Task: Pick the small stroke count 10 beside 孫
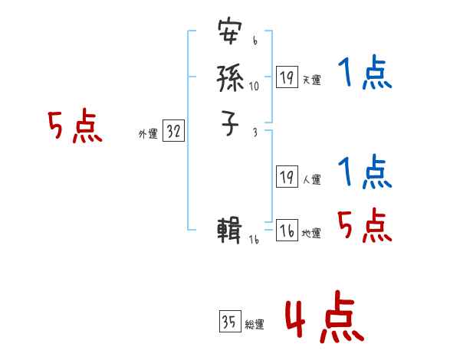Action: (254, 87)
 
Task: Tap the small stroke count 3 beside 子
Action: (255, 133)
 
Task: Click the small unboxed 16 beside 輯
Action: (254, 240)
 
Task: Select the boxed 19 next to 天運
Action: (287, 77)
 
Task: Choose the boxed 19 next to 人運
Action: (287, 178)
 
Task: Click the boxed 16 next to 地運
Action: (287, 231)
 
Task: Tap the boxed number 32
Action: (173, 132)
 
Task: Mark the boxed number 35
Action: (229, 322)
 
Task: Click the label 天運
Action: (311, 80)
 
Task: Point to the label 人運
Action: (311, 180)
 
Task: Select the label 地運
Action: (311, 234)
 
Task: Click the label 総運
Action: (255, 325)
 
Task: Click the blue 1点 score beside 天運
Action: (365, 74)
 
